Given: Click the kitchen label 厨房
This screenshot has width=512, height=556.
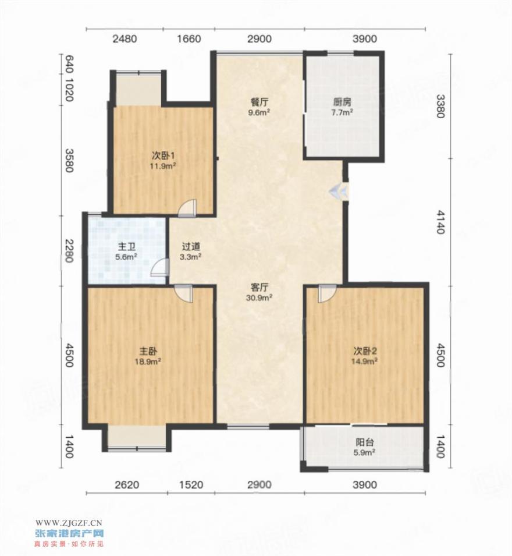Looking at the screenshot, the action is (x=342, y=102).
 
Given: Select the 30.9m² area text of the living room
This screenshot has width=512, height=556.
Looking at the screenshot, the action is (x=259, y=298).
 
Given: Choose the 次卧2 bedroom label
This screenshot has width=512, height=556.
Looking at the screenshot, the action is (x=365, y=351).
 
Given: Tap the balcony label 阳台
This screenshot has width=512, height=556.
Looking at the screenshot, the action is (x=365, y=442).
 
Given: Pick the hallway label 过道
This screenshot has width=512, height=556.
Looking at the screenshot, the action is (x=191, y=246).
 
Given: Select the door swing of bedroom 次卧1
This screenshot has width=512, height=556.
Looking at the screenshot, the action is (x=187, y=208).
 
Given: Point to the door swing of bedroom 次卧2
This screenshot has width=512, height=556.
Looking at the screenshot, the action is (x=326, y=293).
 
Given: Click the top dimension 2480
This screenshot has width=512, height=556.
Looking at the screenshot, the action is (x=125, y=38).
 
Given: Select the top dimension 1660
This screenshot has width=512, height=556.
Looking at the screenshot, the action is (x=189, y=38).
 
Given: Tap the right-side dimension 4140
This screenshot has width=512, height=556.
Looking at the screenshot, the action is (x=440, y=222).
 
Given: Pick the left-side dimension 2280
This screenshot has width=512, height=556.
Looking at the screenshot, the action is (x=69, y=251).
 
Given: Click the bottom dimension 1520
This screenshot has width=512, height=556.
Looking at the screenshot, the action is (x=191, y=484).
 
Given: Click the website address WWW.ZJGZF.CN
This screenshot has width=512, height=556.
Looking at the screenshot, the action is (x=69, y=522).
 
